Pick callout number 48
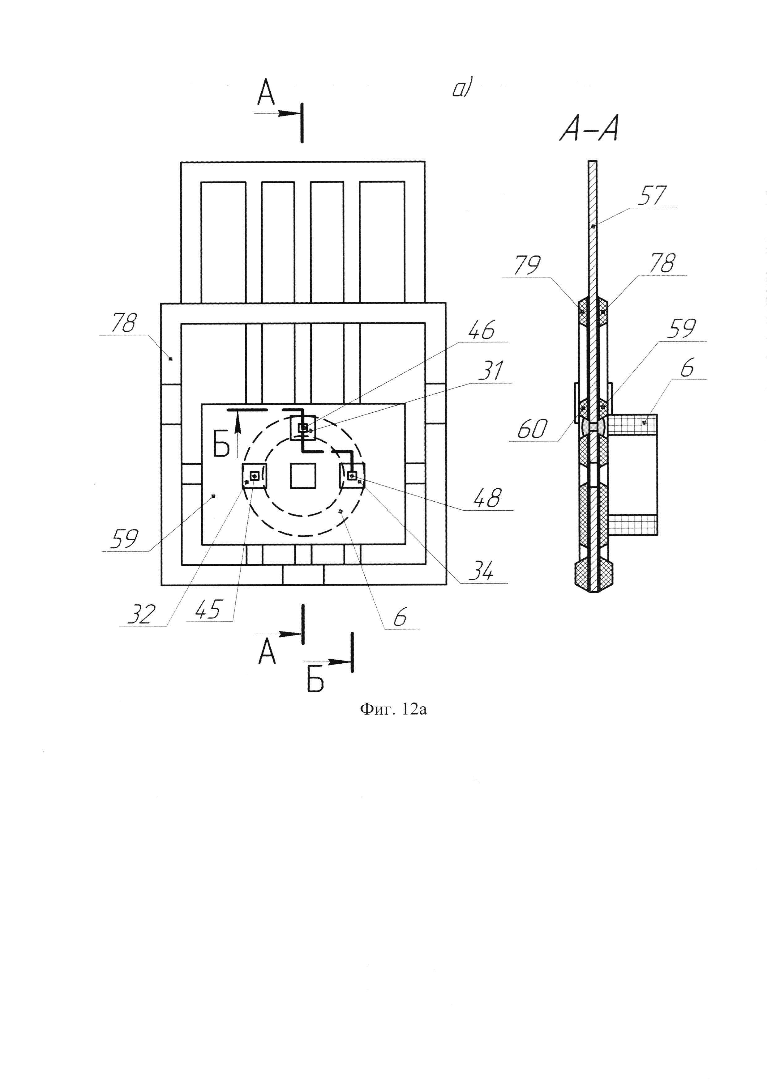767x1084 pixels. pyautogui.click(x=487, y=498)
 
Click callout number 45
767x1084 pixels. pyautogui.click(x=208, y=610)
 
